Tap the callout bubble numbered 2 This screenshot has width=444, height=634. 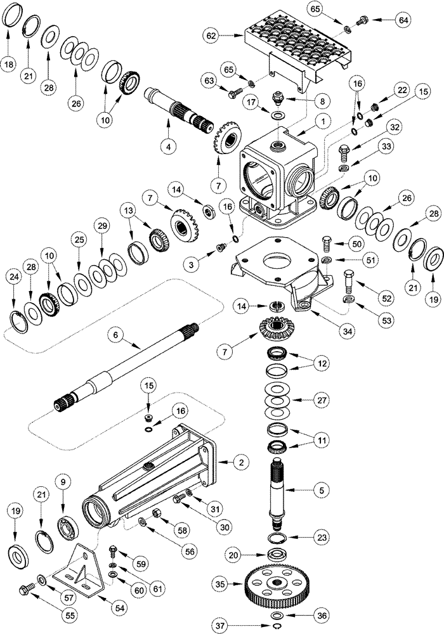pyautogui.click(x=239, y=463)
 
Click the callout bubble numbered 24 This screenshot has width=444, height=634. pyautogui.click(x=13, y=276)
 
